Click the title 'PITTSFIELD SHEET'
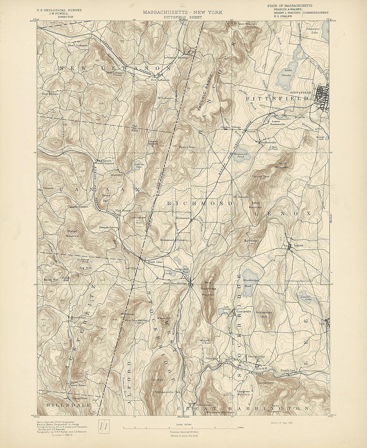click(x=183, y=16)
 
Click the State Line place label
click(x=155, y=262)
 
